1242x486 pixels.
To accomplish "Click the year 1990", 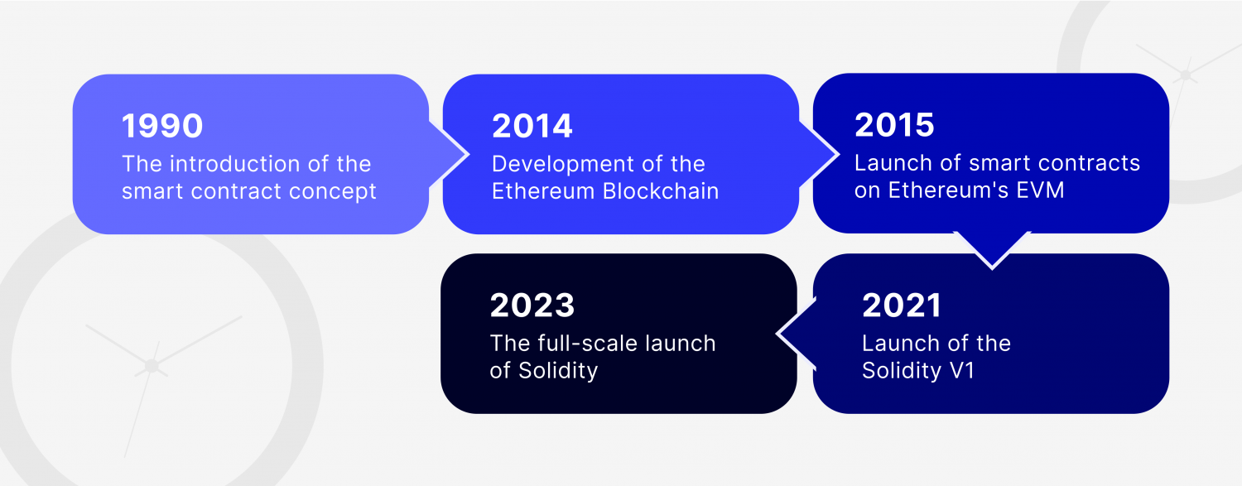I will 162,127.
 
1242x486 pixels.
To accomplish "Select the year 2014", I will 532,127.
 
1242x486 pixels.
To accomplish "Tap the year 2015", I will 894,125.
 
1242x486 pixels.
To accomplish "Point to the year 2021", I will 902,306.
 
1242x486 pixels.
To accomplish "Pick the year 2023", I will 532,306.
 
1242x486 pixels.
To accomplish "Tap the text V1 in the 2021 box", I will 961,370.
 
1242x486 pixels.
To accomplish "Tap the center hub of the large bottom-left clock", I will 152,365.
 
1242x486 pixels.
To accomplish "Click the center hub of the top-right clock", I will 1186,75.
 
